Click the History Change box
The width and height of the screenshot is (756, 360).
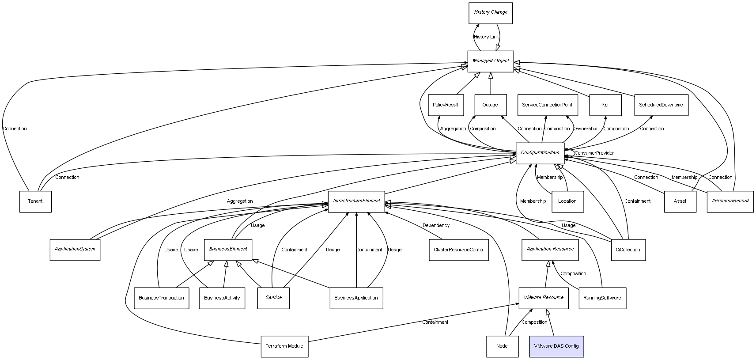pos(491,13)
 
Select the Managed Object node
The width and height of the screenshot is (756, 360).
pos(491,61)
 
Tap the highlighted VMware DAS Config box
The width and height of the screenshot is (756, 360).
pos(556,346)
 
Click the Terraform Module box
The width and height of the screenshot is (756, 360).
pos(284,346)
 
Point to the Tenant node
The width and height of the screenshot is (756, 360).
pos(35,201)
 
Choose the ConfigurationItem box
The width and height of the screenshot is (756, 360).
pos(540,153)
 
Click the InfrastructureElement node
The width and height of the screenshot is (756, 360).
pos(356,201)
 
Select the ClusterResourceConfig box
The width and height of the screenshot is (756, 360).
pos(459,250)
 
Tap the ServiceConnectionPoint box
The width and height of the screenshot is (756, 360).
pos(547,105)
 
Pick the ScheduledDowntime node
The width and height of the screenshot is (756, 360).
pos(661,105)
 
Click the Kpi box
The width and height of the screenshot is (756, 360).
pos(605,105)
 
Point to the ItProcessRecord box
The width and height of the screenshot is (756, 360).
pos(730,201)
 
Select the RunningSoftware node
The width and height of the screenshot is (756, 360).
pos(602,298)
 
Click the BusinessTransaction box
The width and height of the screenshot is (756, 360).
pos(161,298)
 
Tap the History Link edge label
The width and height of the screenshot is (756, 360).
pos(486,37)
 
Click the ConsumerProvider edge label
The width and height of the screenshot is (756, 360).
pos(594,153)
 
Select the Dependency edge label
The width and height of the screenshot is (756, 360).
pos(436,225)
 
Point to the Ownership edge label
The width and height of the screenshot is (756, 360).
pos(585,129)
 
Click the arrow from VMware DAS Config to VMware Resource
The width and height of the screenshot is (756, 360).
pos(551,322)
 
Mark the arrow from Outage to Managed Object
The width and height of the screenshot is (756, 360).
pos(491,83)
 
